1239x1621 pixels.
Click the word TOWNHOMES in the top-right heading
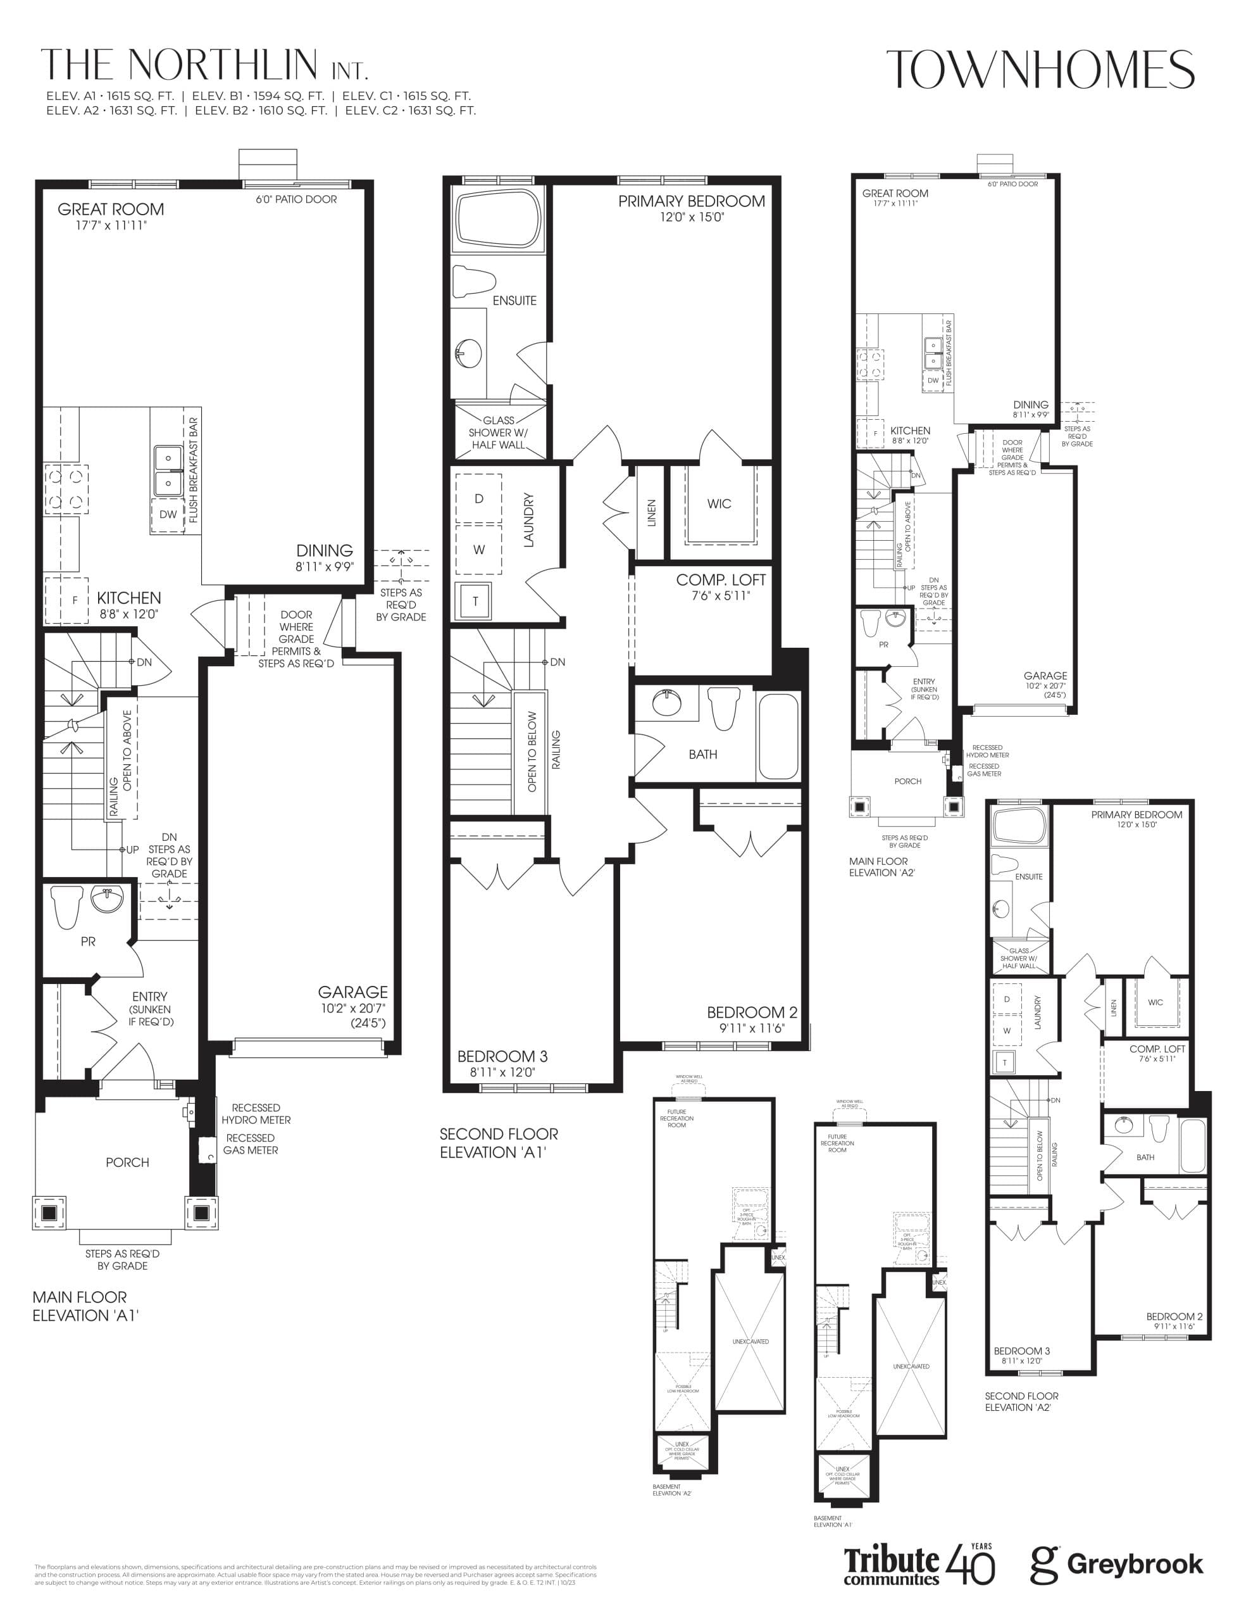point(1040,70)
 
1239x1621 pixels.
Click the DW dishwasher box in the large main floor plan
point(168,514)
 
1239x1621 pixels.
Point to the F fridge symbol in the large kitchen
point(74,600)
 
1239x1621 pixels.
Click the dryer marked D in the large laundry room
point(478,499)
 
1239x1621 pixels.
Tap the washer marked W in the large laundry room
point(478,549)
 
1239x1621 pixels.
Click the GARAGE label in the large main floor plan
point(352,992)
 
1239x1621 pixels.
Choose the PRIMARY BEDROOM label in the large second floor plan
point(691,201)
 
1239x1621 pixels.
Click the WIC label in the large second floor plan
point(719,504)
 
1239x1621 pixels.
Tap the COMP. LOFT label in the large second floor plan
point(721,580)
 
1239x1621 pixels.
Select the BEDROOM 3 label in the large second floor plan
point(502,1057)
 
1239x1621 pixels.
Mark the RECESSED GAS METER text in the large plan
point(250,1144)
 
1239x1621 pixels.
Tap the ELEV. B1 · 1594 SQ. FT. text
point(258,96)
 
